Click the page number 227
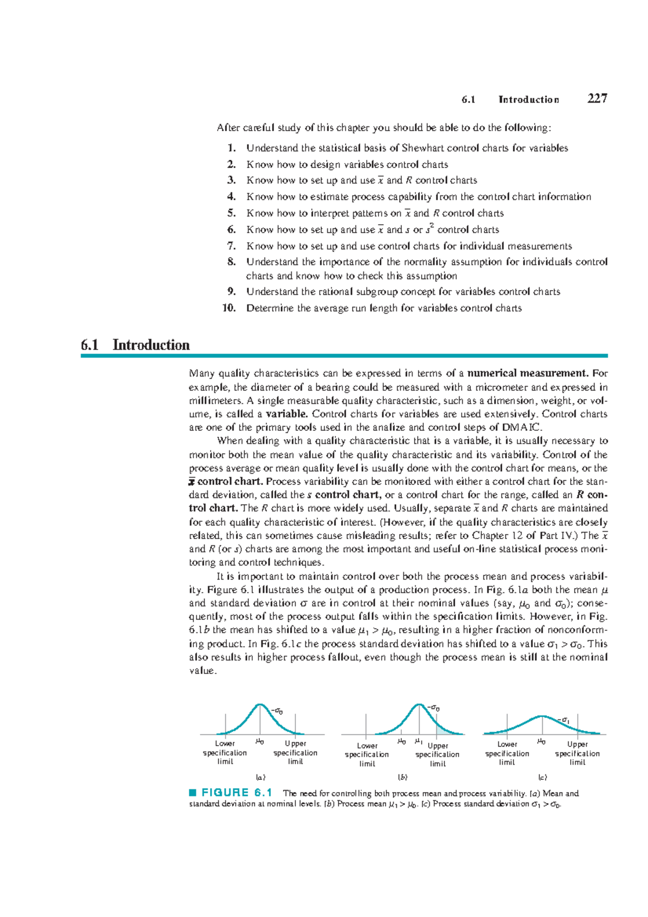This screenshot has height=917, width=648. coord(597,98)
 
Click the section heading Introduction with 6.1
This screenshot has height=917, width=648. coord(136,345)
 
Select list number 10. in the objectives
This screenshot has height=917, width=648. coord(230,308)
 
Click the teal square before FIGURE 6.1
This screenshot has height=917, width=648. coord(192,793)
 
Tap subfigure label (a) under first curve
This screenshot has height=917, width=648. coord(260,778)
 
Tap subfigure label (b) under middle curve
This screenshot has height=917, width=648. coord(402,778)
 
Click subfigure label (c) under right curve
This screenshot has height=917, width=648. coord(542,778)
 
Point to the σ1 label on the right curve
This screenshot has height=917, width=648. coord(565,720)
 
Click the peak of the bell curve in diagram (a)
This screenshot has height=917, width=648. coord(260,704)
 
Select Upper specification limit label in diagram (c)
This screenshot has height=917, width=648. coord(577,753)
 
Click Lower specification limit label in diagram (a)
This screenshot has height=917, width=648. coord(225,752)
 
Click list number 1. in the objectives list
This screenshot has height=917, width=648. coord(232,148)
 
